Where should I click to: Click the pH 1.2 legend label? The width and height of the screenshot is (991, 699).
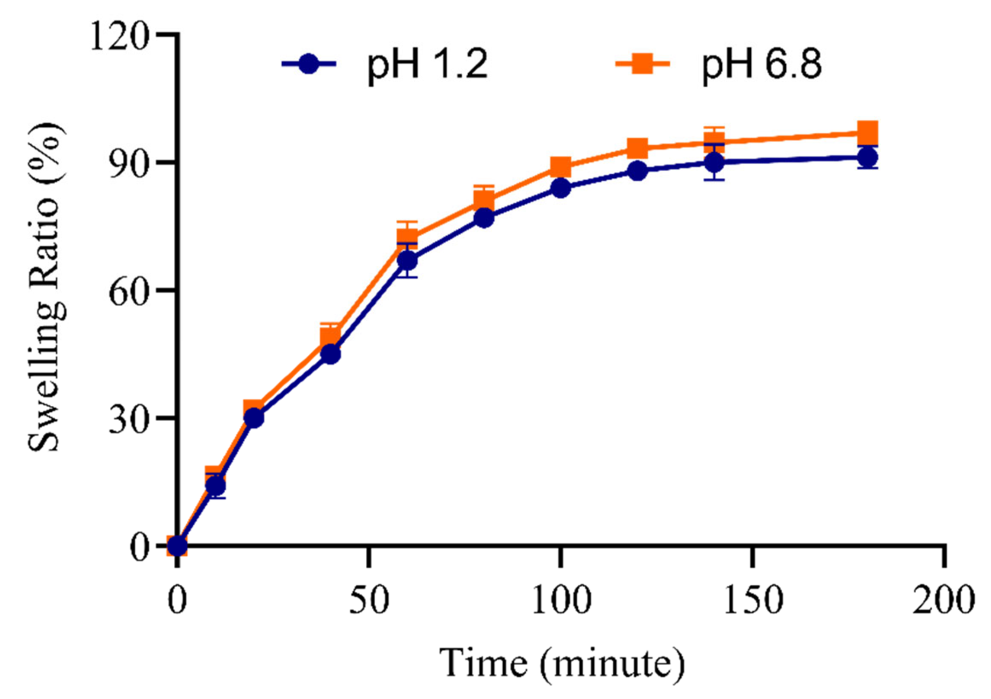427,65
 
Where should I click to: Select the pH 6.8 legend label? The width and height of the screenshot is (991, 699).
762,65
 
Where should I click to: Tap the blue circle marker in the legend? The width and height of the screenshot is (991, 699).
309,64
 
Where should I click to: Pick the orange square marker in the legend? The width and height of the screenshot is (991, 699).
642,64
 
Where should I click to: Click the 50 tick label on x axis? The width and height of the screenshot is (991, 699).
369,599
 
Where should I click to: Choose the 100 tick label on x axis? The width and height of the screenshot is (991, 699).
561,599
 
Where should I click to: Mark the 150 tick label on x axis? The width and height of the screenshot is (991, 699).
753,599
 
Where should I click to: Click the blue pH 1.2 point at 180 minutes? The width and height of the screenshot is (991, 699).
867,158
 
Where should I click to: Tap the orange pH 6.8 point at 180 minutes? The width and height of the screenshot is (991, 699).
867,133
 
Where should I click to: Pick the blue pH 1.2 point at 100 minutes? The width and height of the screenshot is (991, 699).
561,188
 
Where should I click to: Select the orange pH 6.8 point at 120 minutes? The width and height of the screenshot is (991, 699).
637,148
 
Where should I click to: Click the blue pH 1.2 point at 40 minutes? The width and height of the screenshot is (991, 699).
330,354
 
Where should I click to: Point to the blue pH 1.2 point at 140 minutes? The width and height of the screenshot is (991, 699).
714,162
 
